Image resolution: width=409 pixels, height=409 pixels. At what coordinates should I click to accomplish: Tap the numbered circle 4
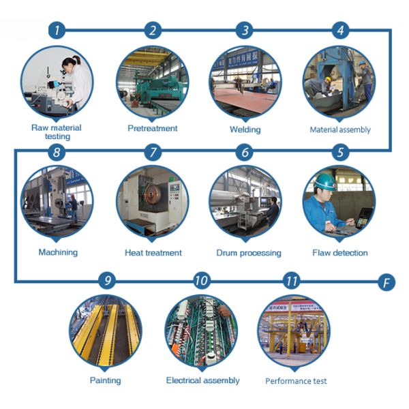tap(339, 29)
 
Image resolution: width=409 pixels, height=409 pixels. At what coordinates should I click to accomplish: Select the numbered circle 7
tap(153, 153)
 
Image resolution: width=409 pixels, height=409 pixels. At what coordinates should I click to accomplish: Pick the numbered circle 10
tap(201, 280)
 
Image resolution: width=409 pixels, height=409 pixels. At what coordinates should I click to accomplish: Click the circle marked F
tap(387, 282)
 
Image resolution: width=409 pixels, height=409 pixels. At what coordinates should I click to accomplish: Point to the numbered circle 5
tap(339, 153)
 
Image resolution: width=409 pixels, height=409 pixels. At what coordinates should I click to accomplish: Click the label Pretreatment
tap(153, 127)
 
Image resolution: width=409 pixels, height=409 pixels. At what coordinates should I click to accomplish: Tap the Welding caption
tap(245, 128)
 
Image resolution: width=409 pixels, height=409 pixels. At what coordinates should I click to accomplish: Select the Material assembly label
tap(340, 130)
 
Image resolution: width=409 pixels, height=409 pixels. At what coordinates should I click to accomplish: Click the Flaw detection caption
tap(340, 253)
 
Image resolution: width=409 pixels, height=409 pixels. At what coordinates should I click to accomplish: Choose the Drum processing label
tap(248, 253)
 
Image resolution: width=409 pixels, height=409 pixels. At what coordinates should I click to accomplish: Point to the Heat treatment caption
tap(153, 253)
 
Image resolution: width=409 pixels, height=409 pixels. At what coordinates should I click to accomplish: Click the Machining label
tap(58, 252)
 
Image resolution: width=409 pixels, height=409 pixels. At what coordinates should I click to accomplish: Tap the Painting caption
tap(105, 380)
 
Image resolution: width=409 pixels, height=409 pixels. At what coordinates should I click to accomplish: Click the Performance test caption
tap(296, 380)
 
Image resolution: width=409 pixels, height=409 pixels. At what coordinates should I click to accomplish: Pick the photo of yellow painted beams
tap(106, 332)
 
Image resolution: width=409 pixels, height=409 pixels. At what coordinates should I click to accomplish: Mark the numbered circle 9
tap(106, 280)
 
